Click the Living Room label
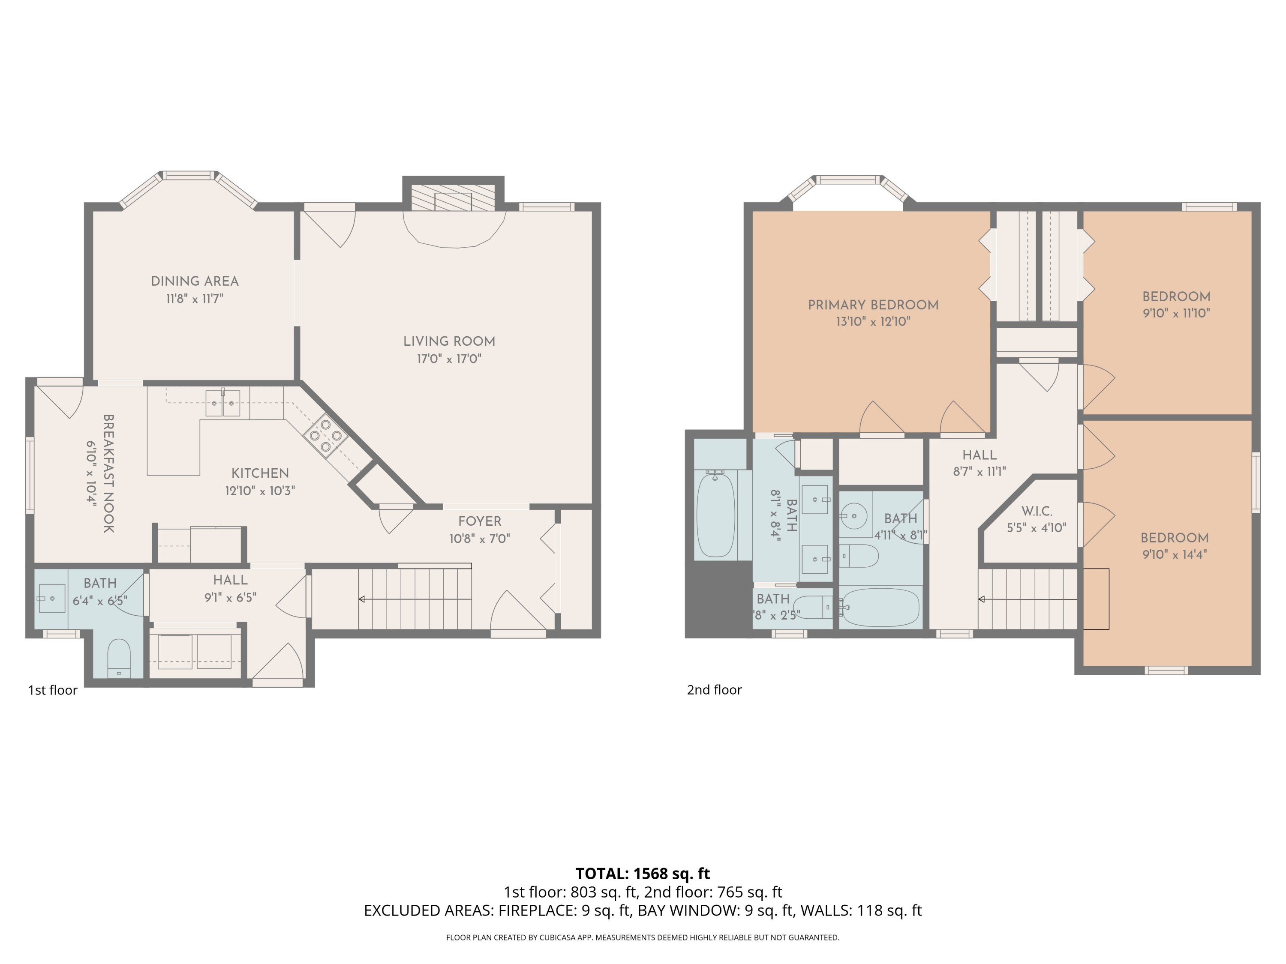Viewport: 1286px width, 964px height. [449, 341]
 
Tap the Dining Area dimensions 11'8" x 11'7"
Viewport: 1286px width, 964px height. [194, 299]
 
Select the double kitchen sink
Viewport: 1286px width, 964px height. [222, 403]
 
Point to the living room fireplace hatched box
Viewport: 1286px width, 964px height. [453, 198]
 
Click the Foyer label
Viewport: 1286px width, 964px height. [479, 521]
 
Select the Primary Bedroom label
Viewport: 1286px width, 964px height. [873, 305]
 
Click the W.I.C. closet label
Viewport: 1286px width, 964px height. [1037, 511]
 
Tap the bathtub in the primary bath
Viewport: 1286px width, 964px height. [716, 514]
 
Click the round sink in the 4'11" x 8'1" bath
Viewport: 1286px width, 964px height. [853, 516]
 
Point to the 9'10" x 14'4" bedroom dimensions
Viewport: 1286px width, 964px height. [1175, 554]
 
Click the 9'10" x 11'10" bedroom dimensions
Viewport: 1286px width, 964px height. [1176, 313]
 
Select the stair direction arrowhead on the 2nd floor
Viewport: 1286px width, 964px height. [981, 599]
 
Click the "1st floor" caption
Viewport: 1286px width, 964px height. [53, 690]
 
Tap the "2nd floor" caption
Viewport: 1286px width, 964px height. [714, 690]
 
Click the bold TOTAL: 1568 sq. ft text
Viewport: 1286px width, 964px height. [643, 873]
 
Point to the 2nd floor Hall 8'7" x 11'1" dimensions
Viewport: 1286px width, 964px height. [979, 472]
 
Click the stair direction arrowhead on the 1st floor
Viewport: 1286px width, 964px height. [361, 599]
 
